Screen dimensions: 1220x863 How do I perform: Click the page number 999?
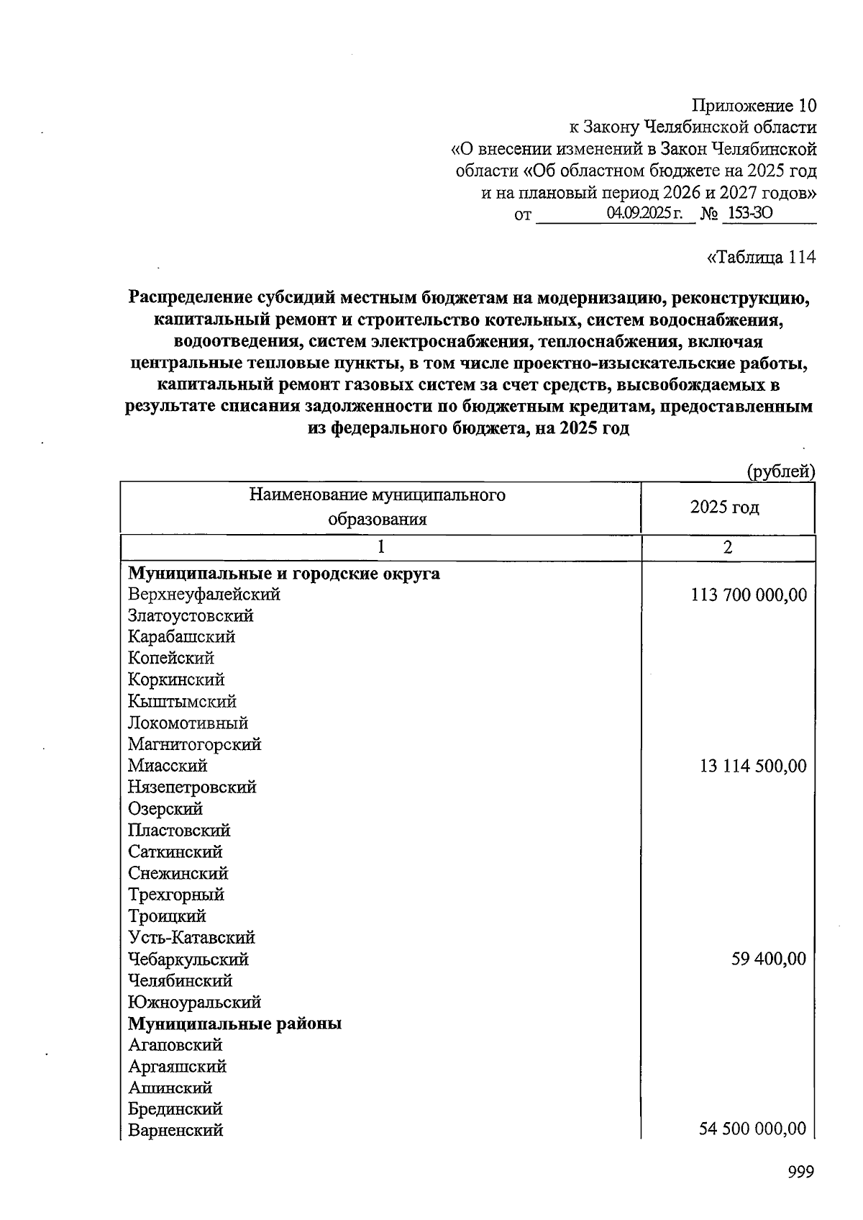[800, 1172]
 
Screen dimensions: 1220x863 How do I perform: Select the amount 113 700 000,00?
[749, 595]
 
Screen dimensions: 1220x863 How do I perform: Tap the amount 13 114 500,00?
[753, 766]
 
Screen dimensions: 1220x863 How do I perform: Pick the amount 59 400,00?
[769, 959]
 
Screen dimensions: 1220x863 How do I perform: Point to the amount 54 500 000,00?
[753, 1129]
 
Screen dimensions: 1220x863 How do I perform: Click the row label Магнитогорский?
[194, 744]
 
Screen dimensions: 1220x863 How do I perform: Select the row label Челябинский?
[180, 981]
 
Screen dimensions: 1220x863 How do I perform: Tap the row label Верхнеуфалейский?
[204, 595]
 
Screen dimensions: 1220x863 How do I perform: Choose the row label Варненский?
[175, 1130]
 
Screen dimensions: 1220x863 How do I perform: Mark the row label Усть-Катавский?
[192, 938]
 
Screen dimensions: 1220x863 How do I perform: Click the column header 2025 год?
[724, 507]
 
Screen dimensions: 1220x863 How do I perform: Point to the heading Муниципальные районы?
[234, 1024]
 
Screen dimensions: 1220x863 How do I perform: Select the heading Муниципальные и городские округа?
[284, 574]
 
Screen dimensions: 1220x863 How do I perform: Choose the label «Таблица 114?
[762, 257]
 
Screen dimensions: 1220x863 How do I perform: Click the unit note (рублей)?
[780, 471]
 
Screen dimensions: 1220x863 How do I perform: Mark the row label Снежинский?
[178, 873]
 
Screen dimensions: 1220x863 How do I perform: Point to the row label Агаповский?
[175, 1045]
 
